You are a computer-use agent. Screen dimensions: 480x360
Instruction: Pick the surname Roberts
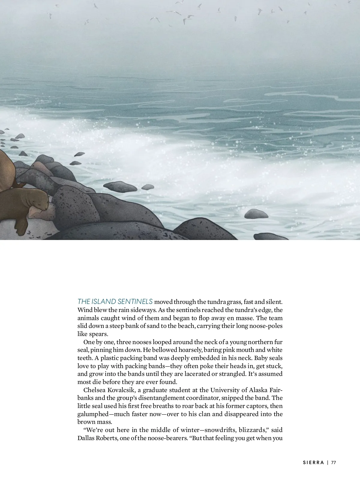click(x=107, y=438)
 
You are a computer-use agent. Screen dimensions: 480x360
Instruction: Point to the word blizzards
click(x=251, y=430)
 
